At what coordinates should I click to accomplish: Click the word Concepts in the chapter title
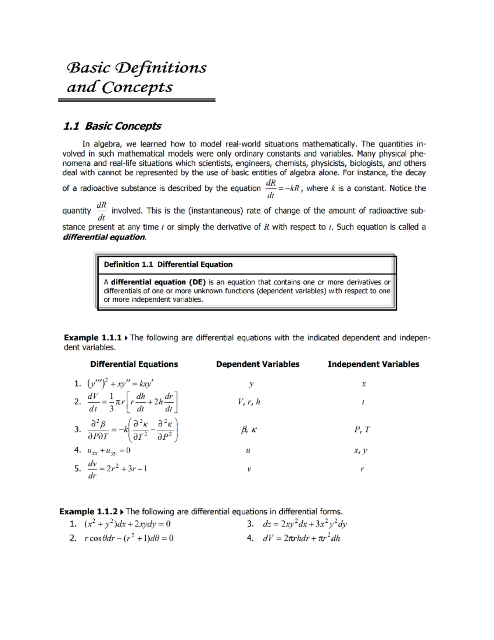(x=137, y=87)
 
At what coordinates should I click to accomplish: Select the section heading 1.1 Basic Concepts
(x=112, y=126)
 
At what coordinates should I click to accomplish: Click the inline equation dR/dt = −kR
(x=283, y=189)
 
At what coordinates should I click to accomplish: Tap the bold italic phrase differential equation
(x=104, y=237)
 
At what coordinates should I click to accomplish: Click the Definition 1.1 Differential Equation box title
(x=168, y=265)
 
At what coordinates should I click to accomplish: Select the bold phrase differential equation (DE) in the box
(x=158, y=282)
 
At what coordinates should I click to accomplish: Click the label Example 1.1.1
(x=93, y=338)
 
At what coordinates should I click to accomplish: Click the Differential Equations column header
(x=134, y=364)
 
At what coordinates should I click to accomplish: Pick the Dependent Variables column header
(x=258, y=364)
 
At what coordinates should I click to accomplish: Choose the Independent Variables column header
(x=373, y=364)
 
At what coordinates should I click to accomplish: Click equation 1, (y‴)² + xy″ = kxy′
(x=120, y=384)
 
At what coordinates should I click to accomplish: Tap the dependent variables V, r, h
(x=249, y=402)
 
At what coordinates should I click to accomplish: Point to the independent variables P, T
(x=362, y=429)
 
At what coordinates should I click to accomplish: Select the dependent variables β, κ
(x=249, y=430)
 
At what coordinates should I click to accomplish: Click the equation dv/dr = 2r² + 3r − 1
(x=117, y=469)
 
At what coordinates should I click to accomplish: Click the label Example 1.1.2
(x=88, y=511)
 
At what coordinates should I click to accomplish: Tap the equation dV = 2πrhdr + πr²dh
(x=301, y=538)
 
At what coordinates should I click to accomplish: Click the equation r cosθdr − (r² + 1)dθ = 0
(x=128, y=538)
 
